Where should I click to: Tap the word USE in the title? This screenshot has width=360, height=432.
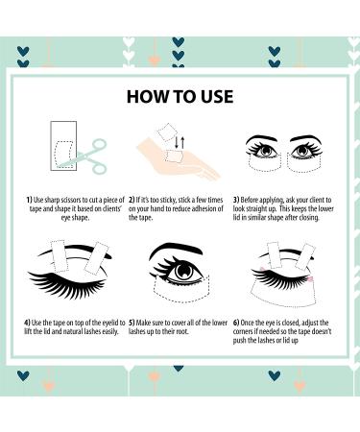pos(217,97)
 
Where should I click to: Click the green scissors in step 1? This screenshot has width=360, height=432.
pos(88,156)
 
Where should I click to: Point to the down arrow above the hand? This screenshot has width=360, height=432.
pos(177,142)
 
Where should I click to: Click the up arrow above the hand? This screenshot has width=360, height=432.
pos(182,142)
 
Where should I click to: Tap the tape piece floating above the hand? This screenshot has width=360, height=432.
pos(168,132)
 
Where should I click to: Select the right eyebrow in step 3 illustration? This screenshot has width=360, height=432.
pos(306,139)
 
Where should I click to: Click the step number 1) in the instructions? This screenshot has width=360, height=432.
pos(30,200)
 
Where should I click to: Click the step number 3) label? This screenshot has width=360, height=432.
pos(236,200)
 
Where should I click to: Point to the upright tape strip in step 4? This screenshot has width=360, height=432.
pos(59,256)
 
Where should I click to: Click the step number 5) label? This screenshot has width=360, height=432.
pos(132,323)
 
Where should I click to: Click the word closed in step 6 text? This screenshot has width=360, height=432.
pos(291,323)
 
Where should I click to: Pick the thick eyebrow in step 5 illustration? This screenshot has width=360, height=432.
pos(176,250)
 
